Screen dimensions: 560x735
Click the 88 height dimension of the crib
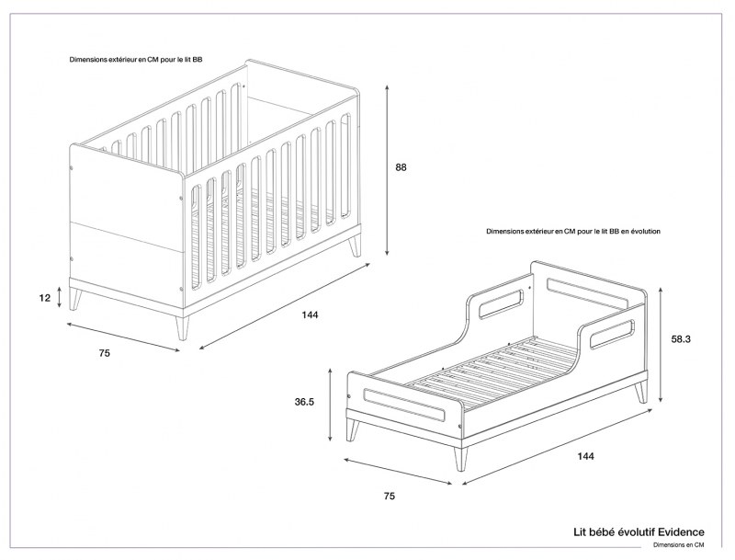pos(401,167)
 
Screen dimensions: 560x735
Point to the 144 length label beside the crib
pos(310,315)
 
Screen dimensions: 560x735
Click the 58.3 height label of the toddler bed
pos(682,339)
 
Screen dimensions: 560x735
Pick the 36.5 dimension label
pos(305,401)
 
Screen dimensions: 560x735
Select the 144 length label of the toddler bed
pos(586,456)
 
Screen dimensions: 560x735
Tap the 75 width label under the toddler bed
pos(389,497)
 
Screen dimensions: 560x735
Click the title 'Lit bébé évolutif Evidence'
pos(639,531)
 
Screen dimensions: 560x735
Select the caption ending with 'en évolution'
pos(573,233)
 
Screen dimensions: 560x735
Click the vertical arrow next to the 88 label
pos(389,169)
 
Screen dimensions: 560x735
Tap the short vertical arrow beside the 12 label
pos(61,296)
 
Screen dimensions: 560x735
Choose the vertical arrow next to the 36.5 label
pos(329,402)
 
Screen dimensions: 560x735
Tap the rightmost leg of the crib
pos(355,246)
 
